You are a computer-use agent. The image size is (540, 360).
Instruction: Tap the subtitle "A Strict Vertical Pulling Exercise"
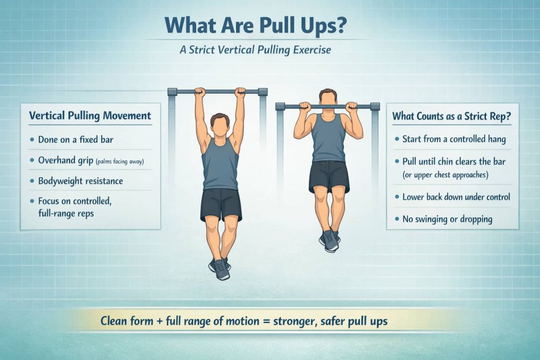[270, 51]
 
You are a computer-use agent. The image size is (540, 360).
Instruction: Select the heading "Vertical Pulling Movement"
[90, 115]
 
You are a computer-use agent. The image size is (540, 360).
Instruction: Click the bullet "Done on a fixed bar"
[75, 140]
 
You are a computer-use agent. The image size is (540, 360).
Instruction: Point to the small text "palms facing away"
[127, 161]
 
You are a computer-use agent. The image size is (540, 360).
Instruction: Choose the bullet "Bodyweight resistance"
[80, 181]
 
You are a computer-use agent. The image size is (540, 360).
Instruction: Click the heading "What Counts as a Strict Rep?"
[452, 116]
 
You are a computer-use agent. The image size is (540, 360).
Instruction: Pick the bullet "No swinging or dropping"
[447, 219]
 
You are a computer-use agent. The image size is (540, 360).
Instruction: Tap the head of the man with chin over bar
[328, 99]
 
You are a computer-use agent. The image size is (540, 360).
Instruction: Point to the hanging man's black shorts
[221, 204]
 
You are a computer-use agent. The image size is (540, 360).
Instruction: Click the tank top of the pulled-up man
[328, 140]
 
